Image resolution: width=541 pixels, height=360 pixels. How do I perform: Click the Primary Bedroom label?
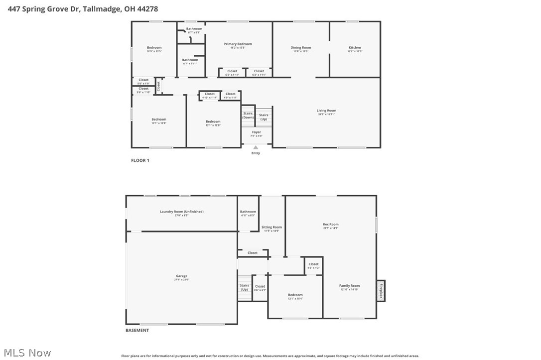tap(238, 44)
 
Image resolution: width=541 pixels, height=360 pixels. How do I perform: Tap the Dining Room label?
tap(300, 48)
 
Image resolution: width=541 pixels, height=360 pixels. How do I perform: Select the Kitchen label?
tap(355, 48)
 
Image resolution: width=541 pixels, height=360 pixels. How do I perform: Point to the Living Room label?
tap(326, 111)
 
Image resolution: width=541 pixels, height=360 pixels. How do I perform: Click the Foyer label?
tap(256, 132)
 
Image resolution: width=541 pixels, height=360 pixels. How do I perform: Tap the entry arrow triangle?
tap(256, 147)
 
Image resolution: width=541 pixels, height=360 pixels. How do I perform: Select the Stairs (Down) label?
tap(248, 115)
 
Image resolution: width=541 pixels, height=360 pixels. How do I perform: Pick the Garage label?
tap(181, 276)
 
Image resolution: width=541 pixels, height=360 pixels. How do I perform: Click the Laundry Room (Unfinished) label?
tap(181, 212)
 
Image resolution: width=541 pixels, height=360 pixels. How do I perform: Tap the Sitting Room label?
tap(271, 227)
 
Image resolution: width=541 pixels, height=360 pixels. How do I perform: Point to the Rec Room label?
tap(331, 225)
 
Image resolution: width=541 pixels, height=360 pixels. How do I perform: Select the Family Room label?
tap(349, 286)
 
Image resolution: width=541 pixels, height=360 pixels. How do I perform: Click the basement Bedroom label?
tap(295, 295)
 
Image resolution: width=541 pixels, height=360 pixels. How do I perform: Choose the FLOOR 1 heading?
tap(140, 160)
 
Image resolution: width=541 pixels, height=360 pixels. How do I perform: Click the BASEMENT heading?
tap(137, 330)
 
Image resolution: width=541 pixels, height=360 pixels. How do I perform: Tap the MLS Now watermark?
tap(26, 353)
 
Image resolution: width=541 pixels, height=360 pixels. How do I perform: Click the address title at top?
tap(83, 8)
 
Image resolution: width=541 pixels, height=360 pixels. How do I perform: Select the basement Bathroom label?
tap(248, 212)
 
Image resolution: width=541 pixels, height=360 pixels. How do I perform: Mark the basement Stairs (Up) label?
tap(244, 287)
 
